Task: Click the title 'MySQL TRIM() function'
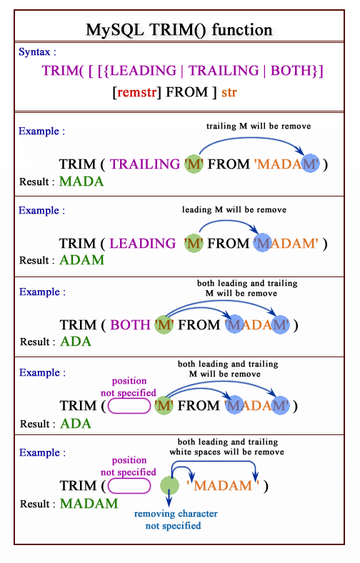[179, 29]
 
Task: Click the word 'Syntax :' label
[37, 51]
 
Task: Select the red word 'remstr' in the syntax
[136, 92]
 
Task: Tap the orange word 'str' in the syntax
[229, 92]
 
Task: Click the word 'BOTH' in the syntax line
[291, 70]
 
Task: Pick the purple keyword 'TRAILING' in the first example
[145, 164]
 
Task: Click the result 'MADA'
[81, 181]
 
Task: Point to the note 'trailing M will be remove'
[259, 126]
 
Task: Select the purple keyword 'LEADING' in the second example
[142, 244]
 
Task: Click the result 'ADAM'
[82, 259]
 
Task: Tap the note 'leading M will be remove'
[234, 209]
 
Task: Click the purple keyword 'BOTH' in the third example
[130, 324]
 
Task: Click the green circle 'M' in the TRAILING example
[194, 164]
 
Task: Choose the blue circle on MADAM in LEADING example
[263, 242]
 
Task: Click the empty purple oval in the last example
[129, 486]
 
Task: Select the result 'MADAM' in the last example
[89, 504]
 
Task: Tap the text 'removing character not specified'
[176, 519]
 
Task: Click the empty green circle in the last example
[169, 485]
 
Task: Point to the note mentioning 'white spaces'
[227, 447]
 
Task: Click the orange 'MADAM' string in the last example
[223, 485]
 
